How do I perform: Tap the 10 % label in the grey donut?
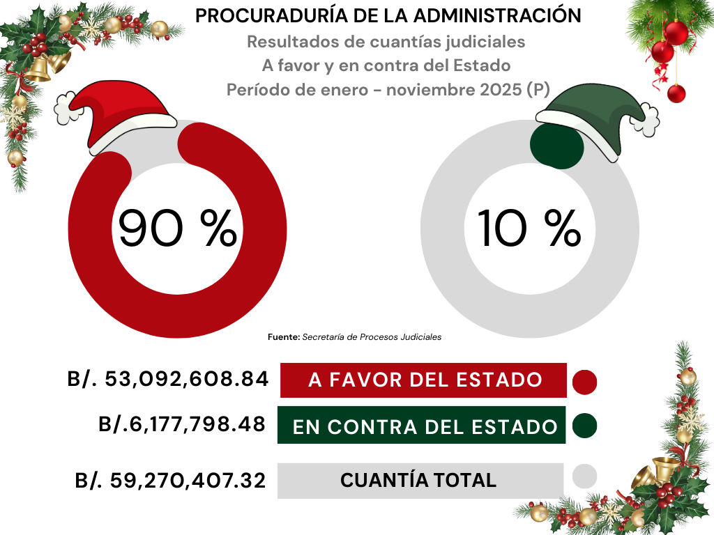(529, 228)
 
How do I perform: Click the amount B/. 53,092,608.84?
(168, 380)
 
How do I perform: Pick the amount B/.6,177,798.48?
(183, 424)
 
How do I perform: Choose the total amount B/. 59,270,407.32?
(171, 481)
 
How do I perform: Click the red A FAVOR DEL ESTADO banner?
(423, 380)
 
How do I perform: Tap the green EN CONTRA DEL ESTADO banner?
(421, 425)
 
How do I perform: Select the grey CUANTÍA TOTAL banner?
(420, 481)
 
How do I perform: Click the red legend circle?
(584, 382)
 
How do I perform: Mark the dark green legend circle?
(584, 426)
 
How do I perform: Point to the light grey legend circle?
(584, 477)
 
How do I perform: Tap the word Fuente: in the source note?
(284, 337)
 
